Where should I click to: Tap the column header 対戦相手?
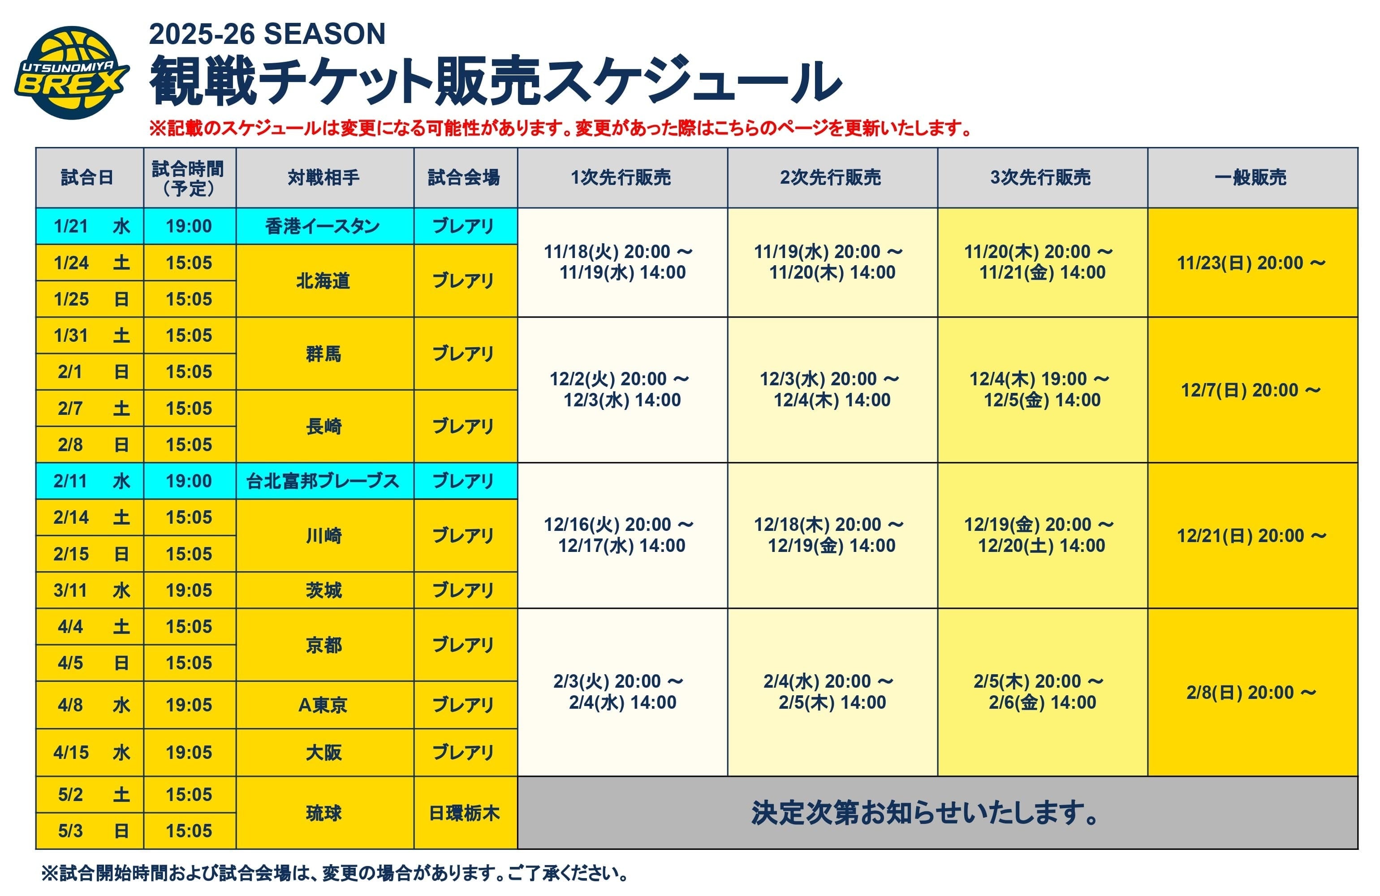click(323, 177)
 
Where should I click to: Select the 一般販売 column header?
click(1251, 177)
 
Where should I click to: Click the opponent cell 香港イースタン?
click(323, 226)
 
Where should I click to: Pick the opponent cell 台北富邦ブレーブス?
click(323, 481)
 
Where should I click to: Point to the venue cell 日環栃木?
click(465, 813)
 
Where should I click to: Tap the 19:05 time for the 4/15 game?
click(189, 752)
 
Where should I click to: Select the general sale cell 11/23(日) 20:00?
click(1251, 263)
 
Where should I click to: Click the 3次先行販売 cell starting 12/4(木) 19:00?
click(1041, 389)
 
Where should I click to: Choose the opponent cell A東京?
click(323, 705)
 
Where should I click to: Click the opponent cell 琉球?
click(323, 813)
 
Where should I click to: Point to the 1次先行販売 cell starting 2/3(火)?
click(621, 692)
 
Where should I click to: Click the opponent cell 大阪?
click(323, 752)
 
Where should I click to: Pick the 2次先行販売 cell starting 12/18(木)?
click(832, 535)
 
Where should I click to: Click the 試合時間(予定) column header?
click(189, 177)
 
